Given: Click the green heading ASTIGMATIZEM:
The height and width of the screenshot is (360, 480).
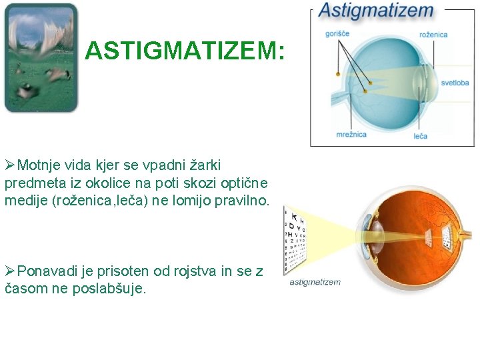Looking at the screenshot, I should (x=185, y=51).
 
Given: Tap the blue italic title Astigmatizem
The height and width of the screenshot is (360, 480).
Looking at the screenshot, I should (x=375, y=11).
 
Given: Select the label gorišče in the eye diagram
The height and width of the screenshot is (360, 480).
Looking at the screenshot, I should (x=337, y=33).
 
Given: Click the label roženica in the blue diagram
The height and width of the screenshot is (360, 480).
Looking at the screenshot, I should (x=433, y=34).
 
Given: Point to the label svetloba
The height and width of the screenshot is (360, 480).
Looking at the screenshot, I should (x=455, y=83).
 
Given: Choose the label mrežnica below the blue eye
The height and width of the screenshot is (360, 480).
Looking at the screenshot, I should (x=351, y=135).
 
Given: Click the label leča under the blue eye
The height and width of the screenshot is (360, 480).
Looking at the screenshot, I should (x=420, y=136).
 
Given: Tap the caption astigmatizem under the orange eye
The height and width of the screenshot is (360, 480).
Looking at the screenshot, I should (x=315, y=282).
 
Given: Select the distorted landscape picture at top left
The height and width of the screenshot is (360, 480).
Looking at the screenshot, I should (x=41, y=58).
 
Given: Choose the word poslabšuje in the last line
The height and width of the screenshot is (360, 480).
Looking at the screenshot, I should (x=109, y=289).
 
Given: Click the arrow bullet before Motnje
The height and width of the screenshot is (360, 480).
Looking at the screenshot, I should (x=10, y=165).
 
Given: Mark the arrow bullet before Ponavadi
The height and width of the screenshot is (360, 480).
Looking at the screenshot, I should (x=10, y=271).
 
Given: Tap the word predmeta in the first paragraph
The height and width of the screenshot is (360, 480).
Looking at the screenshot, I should (x=33, y=183).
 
